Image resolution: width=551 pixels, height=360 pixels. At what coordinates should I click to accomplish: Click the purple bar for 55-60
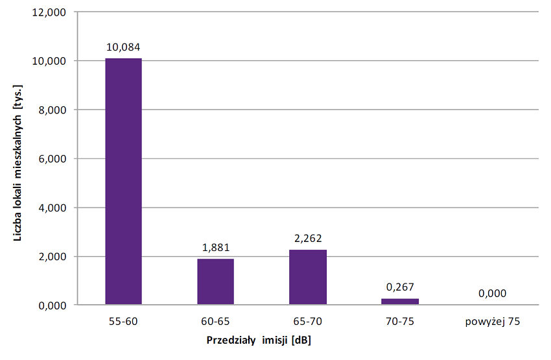(x=123, y=182)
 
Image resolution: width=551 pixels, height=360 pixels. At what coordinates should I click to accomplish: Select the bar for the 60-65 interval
(x=215, y=282)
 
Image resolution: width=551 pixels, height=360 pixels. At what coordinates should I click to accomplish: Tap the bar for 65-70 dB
(x=308, y=278)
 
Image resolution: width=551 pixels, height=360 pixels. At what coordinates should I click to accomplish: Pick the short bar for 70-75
(x=400, y=302)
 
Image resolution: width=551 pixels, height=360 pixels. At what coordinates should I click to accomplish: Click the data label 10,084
(x=123, y=47)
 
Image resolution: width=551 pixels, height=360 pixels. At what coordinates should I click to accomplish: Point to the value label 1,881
(x=215, y=248)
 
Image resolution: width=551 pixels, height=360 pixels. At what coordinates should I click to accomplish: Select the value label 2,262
(x=308, y=238)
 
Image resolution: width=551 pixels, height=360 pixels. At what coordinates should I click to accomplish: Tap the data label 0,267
(x=400, y=287)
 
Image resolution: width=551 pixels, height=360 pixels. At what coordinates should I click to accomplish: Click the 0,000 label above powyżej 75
(x=492, y=293)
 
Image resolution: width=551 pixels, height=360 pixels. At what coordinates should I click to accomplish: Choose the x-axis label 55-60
(x=123, y=321)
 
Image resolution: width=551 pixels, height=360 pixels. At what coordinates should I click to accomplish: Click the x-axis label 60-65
(x=215, y=321)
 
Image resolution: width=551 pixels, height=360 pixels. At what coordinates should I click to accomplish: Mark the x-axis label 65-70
(x=308, y=321)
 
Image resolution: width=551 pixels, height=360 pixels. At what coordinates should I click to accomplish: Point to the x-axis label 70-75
(x=400, y=321)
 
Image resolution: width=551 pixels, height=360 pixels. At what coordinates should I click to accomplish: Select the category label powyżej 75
(x=492, y=321)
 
